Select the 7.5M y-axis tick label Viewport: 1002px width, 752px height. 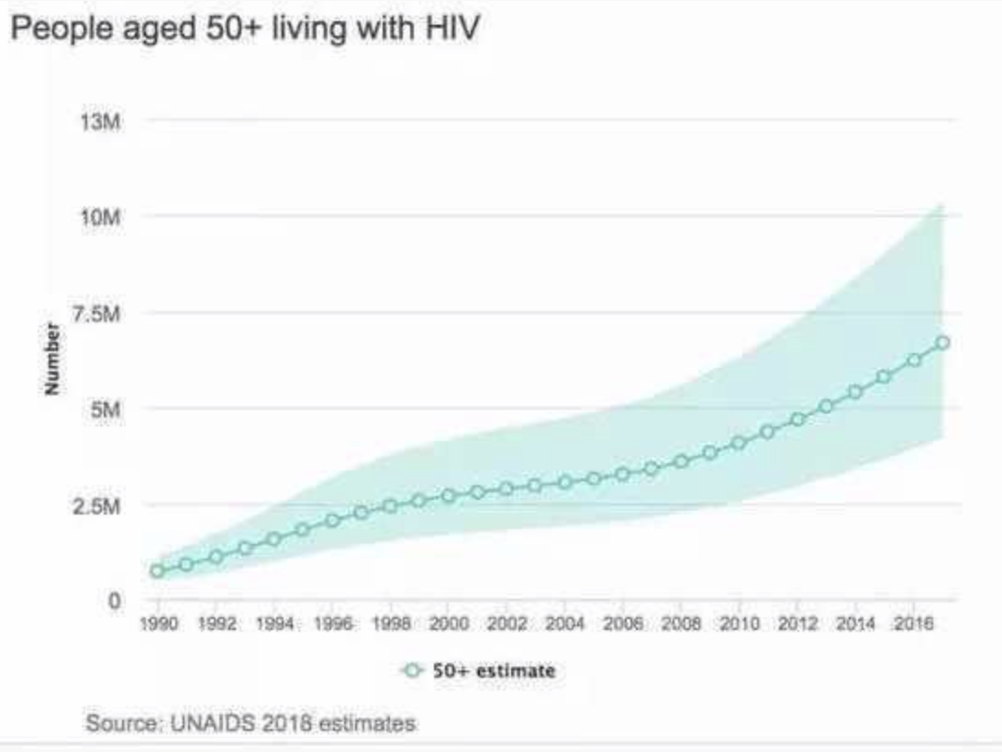(x=104, y=314)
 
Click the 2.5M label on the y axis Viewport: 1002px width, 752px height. (x=104, y=505)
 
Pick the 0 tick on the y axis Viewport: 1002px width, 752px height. (x=114, y=601)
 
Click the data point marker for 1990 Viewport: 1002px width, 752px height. (x=157, y=570)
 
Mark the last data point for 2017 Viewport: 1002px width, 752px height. (x=942, y=343)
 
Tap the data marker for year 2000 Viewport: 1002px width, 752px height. (x=448, y=496)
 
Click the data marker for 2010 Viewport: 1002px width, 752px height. (x=739, y=443)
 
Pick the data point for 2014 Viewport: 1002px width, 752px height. (x=855, y=393)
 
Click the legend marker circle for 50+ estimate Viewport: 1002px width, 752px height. (x=413, y=670)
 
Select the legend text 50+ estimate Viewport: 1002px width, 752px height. (x=495, y=670)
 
